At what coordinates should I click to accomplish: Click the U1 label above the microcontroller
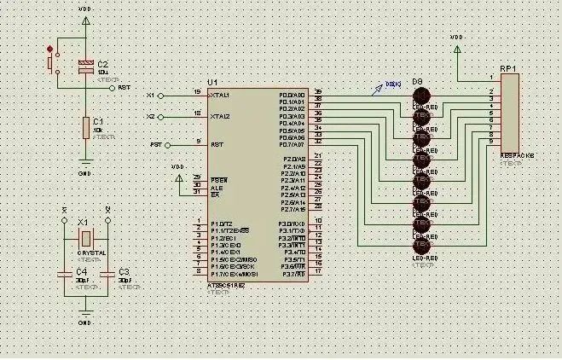click(212, 81)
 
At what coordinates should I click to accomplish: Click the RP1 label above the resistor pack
click(509, 67)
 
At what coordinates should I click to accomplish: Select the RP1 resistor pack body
click(510, 112)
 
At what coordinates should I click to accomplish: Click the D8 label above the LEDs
click(418, 82)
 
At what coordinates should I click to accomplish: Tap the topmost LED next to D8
click(422, 95)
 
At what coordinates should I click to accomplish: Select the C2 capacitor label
click(102, 65)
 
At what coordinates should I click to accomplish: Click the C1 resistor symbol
click(85, 128)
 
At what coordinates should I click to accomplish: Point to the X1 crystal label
click(84, 221)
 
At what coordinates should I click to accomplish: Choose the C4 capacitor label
click(82, 271)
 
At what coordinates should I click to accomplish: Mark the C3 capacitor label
click(124, 271)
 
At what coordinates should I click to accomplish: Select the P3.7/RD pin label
click(294, 273)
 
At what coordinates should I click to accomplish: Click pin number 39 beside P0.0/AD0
click(318, 92)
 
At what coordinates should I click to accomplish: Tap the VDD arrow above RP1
click(457, 49)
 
